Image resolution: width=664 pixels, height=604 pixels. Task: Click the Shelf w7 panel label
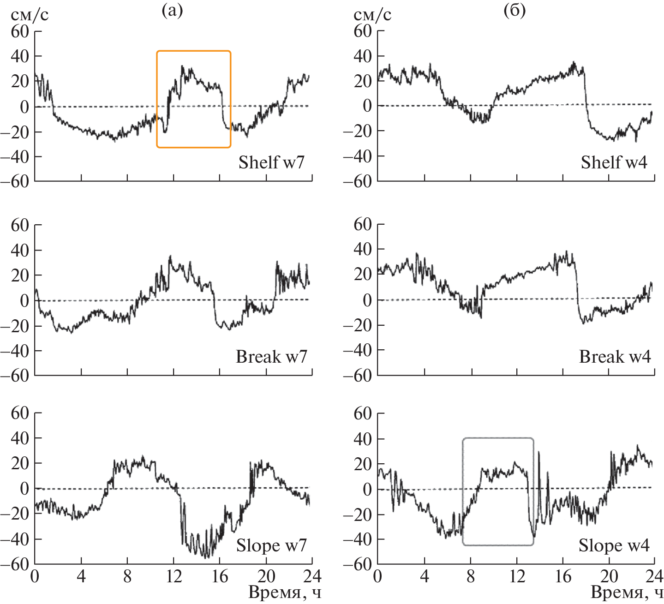[x=271, y=162]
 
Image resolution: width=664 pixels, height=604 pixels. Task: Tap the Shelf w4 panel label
[x=614, y=162]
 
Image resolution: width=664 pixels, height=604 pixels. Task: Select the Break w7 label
[x=271, y=357]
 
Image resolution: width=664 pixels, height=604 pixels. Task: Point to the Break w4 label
[x=615, y=357]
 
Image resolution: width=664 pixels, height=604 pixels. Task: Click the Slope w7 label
[x=271, y=545]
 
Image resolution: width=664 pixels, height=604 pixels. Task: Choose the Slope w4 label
[x=614, y=545]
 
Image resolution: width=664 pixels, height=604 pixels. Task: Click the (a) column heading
[x=172, y=11]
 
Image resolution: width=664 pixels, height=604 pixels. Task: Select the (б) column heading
[x=514, y=11]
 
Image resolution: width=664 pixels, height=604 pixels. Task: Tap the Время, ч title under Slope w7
[x=284, y=592]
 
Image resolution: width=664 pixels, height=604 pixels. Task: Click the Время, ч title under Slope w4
[x=627, y=592]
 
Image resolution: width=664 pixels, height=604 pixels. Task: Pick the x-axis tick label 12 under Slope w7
[x=173, y=577]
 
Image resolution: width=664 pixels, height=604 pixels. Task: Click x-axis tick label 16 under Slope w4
[x=563, y=577]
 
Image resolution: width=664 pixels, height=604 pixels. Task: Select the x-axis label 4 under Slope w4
[x=424, y=577]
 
